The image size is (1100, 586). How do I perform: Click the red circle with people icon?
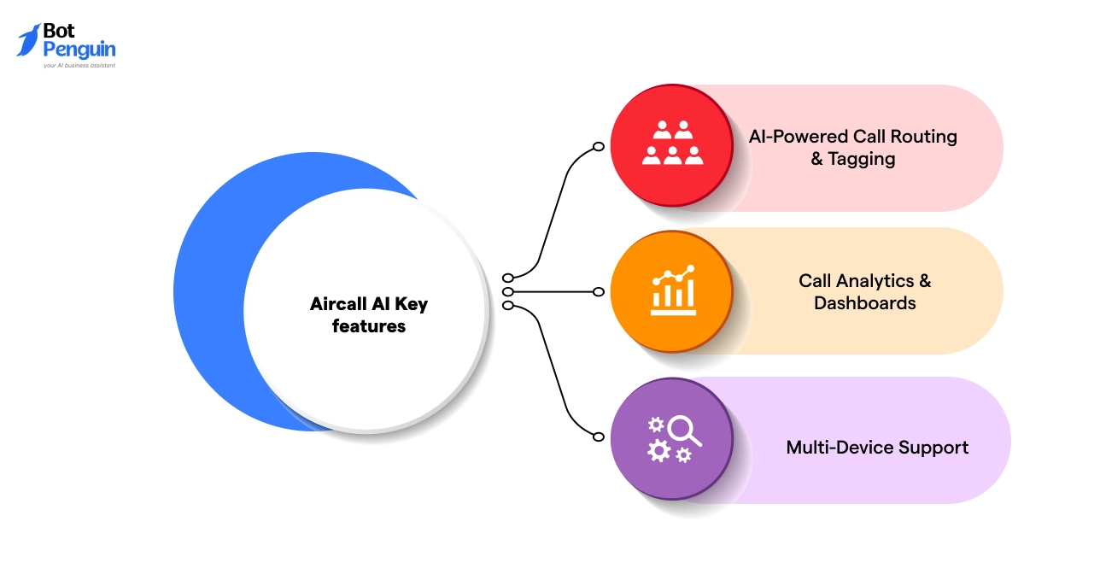pyautogui.click(x=671, y=144)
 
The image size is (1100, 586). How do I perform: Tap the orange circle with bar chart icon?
pyautogui.click(x=671, y=291)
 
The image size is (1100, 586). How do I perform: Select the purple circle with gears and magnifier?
pyautogui.click(x=671, y=439)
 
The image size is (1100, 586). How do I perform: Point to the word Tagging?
pyautogui.click(x=862, y=159)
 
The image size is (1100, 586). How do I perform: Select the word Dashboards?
pyautogui.click(x=864, y=303)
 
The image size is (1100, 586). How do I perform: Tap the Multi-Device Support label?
pyautogui.click(x=877, y=448)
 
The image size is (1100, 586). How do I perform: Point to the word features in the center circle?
pyautogui.click(x=369, y=326)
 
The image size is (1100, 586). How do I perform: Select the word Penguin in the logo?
pyautogui.click(x=79, y=50)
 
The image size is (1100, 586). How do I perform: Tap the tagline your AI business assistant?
pyautogui.click(x=79, y=65)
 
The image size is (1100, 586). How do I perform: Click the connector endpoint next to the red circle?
pyautogui.click(x=599, y=147)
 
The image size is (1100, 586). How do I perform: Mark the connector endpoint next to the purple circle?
pyautogui.click(x=599, y=436)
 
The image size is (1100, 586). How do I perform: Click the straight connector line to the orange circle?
pyautogui.click(x=555, y=291)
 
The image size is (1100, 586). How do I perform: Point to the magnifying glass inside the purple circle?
pyautogui.click(x=683, y=430)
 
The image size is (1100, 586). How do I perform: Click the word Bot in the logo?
pyautogui.click(x=59, y=32)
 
